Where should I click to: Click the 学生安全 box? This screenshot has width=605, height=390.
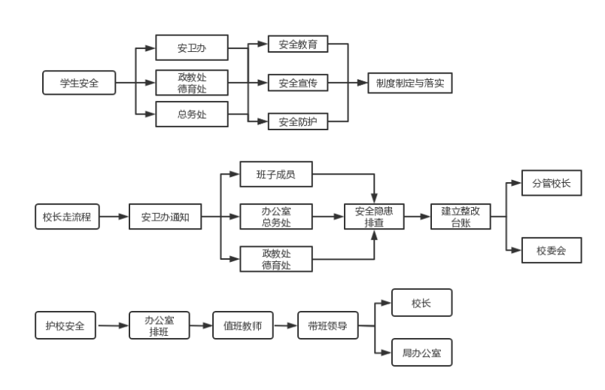79,82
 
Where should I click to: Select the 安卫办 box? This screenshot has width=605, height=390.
192,47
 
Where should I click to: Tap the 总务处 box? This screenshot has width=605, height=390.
192,114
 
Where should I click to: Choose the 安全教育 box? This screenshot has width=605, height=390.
298,44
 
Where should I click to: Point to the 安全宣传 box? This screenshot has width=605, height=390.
298,82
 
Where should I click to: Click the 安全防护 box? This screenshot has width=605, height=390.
298,120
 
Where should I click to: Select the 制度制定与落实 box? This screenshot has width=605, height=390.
410,82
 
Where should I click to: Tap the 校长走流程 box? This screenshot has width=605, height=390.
67,217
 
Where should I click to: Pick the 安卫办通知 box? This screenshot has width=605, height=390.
165,217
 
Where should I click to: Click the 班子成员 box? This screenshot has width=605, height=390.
275,175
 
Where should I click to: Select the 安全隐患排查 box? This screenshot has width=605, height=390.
374,217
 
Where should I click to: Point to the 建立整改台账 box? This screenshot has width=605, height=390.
461,217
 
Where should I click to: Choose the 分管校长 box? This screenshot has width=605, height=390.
552,182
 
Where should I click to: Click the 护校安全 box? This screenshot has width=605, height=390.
65,326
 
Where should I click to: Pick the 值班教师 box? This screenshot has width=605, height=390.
242,326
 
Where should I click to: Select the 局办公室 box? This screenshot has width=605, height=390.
421,352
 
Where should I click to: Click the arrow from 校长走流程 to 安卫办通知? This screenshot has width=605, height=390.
114,217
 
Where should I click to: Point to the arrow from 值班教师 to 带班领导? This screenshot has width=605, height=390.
285,326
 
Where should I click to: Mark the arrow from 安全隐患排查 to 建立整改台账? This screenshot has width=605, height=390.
418,217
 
